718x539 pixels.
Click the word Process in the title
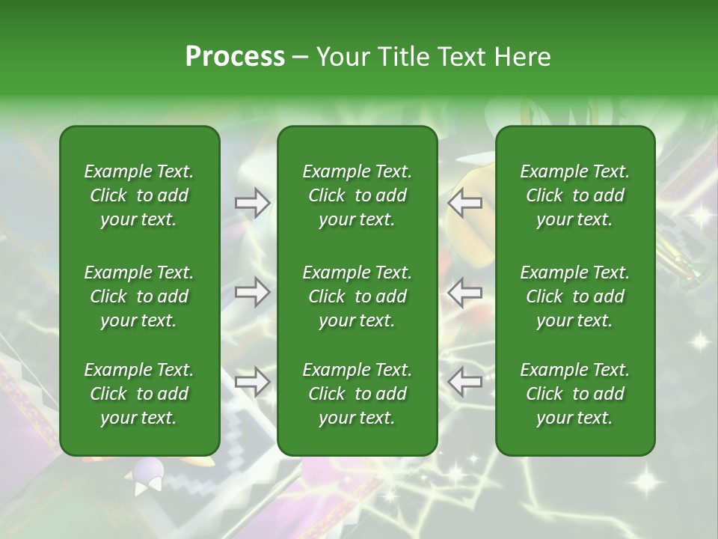tap(235, 57)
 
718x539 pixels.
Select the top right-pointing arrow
tap(252, 203)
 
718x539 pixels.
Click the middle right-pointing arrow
tap(252, 291)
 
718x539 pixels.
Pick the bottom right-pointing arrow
tap(252, 381)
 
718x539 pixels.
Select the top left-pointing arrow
tap(464, 203)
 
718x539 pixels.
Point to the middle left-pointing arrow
tap(464, 291)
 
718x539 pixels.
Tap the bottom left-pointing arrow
tap(464, 381)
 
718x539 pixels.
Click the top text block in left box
tap(139, 195)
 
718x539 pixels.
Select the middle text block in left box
tap(139, 296)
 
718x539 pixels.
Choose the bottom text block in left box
tap(139, 394)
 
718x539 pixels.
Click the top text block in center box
tap(357, 195)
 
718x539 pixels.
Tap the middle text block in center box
tap(357, 296)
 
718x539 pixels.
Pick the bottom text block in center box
tap(357, 394)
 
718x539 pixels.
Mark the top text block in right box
tap(574, 195)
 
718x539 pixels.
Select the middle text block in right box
tap(574, 296)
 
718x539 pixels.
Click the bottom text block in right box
tap(574, 394)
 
